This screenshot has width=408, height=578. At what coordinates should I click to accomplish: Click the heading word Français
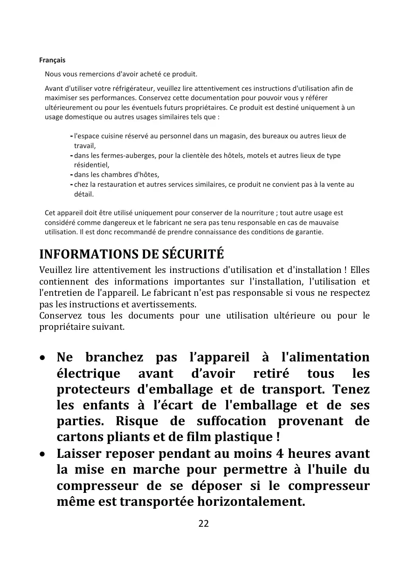pyautogui.click(x=52, y=60)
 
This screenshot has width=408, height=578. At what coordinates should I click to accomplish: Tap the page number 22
pyautogui.click(x=204, y=523)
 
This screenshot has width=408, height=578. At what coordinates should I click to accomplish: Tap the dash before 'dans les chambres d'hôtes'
pyautogui.click(x=71, y=175)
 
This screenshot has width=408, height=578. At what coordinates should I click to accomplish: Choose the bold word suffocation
pyautogui.click(x=231, y=421)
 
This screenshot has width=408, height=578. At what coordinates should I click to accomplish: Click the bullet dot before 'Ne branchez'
pyautogui.click(x=43, y=358)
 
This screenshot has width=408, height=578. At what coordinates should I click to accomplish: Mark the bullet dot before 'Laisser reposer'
pyautogui.click(x=43, y=454)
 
